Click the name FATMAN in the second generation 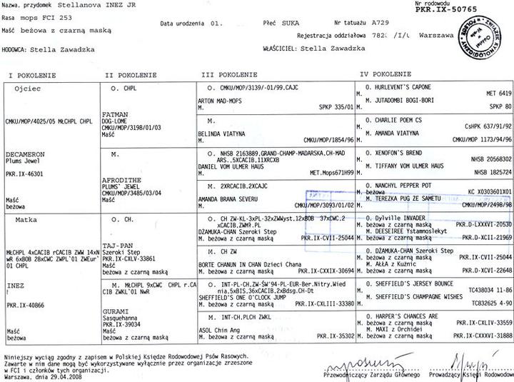pos(115,114)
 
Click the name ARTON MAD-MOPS pos(219,101)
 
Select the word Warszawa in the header pos(436,34)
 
